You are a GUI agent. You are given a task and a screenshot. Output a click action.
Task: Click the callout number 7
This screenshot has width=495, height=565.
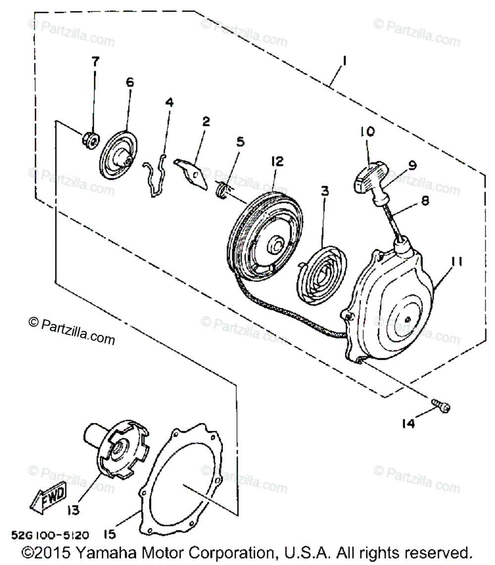(x=95, y=62)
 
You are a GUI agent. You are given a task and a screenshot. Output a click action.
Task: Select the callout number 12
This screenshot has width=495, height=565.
(x=276, y=162)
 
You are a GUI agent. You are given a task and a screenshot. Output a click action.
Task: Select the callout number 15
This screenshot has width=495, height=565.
(x=109, y=534)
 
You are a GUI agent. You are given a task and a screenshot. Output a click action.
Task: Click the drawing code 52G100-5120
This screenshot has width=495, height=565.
(x=50, y=535)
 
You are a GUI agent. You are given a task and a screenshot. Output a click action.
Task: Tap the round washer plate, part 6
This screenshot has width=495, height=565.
(x=119, y=158)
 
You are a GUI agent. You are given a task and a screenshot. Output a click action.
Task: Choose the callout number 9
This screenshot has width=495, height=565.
(x=412, y=166)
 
